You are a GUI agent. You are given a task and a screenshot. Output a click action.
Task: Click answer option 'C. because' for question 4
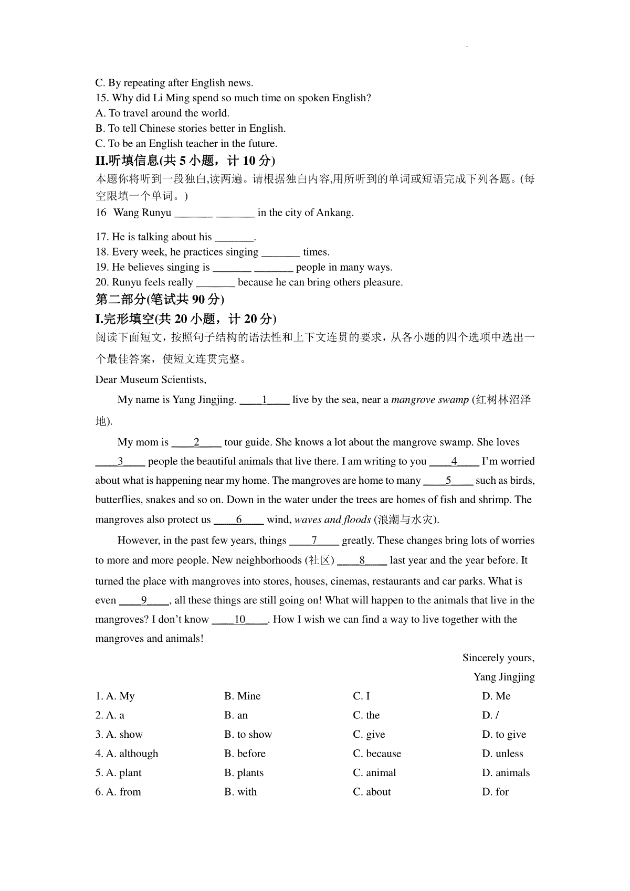pyautogui.click(x=377, y=754)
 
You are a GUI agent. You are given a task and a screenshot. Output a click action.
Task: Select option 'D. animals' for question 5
pyautogui.click(x=506, y=772)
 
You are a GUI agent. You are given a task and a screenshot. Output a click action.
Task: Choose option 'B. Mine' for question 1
pyautogui.click(x=242, y=696)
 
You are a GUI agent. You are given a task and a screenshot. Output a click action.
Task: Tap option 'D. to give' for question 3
pyautogui.click(x=503, y=734)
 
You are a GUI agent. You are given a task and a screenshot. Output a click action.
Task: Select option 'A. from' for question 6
pyautogui.click(x=118, y=792)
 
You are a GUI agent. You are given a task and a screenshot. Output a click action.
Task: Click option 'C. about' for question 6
pyautogui.click(x=372, y=792)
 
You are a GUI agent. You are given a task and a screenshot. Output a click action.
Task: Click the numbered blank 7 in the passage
pyautogui.click(x=314, y=540)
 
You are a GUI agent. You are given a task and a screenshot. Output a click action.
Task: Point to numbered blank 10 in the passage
pyautogui.click(x=240, y=620)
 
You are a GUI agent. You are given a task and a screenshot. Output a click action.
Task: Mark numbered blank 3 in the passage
pyautogui.click(x=120, y=461)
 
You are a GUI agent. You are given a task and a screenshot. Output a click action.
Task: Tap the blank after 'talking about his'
pyautogui.click(x=234, y=237)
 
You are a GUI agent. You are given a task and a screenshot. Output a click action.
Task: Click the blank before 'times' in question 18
pyautogui.click(x=280, y=252)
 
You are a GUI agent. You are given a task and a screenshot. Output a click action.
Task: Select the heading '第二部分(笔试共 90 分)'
pyautogui.click(x=160, y=299)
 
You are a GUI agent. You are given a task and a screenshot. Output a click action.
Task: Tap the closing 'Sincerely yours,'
pyautogui.click(x=498, y=658)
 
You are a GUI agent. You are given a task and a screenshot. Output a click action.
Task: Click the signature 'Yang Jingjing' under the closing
pyautogui.click(x=503, y=677)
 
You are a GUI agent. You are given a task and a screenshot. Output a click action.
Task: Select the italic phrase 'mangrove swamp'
pyautogui.click(x=430, y=400)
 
